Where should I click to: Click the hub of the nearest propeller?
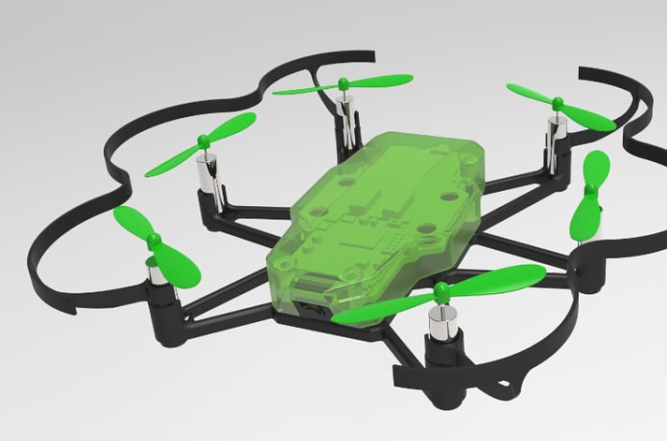click(441, 289)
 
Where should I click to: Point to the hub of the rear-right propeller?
click(553, 103)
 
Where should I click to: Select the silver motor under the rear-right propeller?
click(554, 133)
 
